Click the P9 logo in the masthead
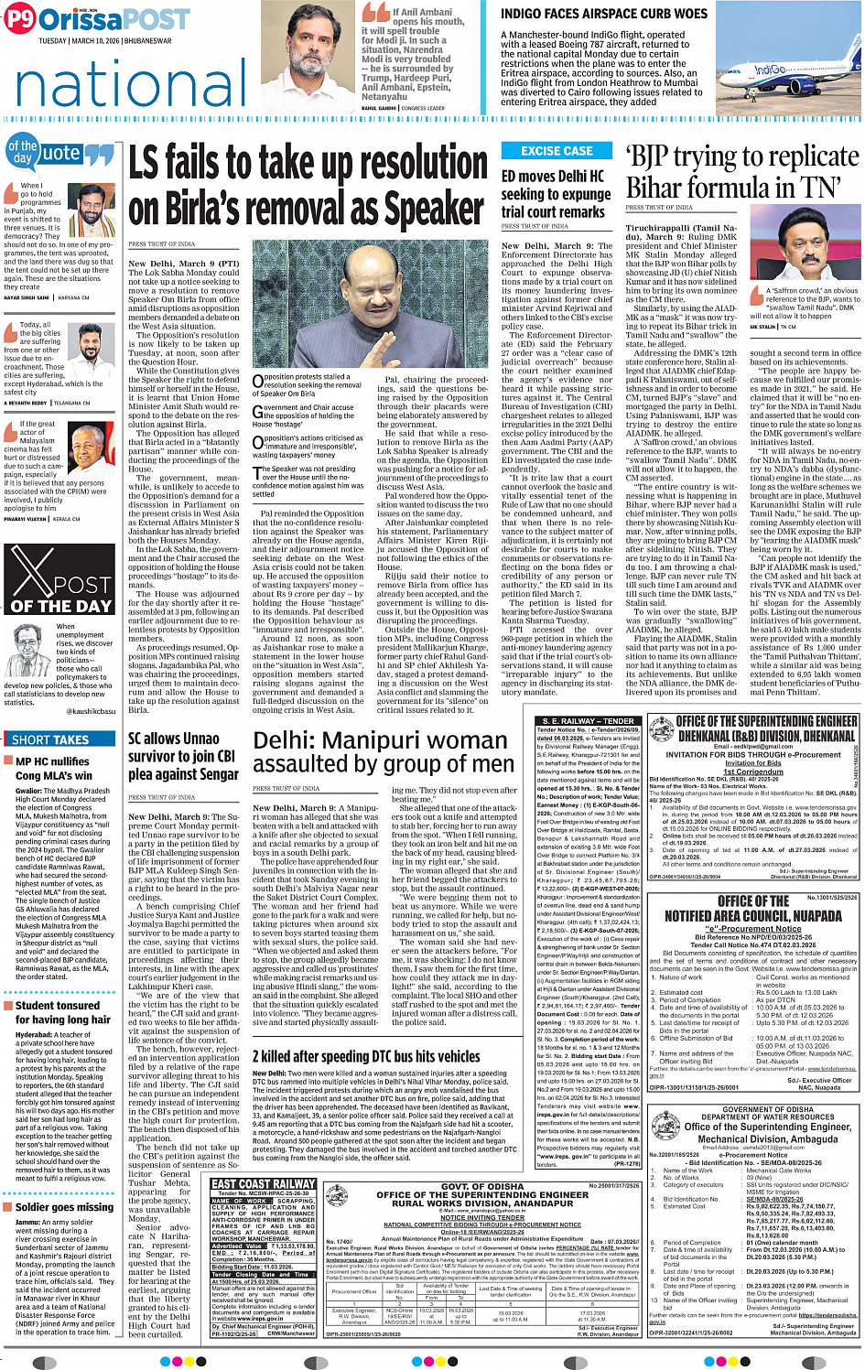tap(21, 18)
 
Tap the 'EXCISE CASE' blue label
tap(557, 151)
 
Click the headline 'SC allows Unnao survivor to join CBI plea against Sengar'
tap(183, 756)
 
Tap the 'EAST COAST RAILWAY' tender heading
tap(263, 1183)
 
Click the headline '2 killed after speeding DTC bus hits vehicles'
tap(366, 1056)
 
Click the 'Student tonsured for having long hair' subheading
tap(62, 1012)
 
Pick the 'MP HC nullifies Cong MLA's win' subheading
tap(54, 768)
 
